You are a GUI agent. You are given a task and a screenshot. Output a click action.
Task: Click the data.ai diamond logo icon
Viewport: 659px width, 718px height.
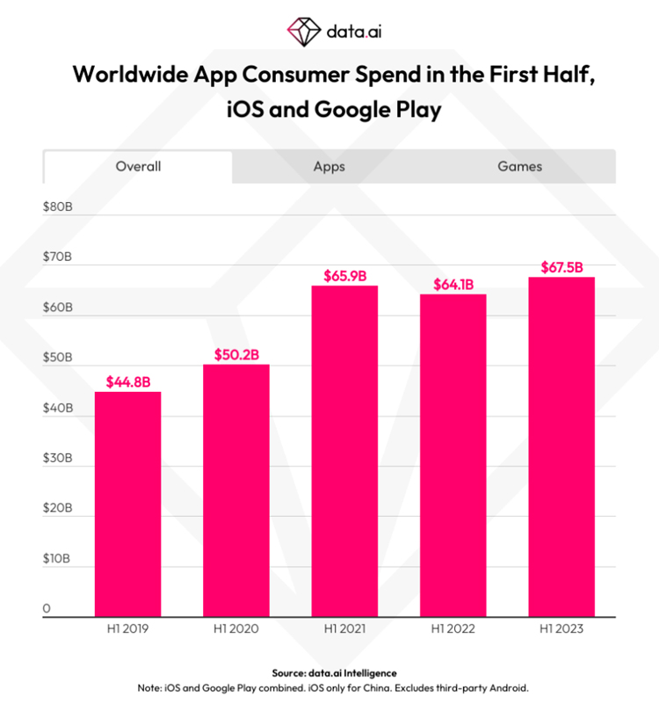304,32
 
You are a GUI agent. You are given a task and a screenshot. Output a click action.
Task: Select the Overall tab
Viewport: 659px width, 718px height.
138,167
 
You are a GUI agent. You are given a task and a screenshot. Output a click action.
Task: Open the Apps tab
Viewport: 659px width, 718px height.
329,167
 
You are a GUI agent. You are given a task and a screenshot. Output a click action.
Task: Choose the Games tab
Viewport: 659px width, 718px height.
520,167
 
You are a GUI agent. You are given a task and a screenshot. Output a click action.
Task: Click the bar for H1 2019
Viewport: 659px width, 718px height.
127,504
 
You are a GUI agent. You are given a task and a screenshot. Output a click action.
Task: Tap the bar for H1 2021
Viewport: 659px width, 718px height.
344,451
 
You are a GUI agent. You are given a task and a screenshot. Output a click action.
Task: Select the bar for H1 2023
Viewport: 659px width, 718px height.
561,447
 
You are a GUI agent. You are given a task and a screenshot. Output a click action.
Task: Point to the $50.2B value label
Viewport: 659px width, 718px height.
236,355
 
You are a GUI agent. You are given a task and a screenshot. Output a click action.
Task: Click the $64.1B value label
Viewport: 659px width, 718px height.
453,285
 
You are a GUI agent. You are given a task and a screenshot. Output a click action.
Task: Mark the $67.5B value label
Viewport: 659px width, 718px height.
562,267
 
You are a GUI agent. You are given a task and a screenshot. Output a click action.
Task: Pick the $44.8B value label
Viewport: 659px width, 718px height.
128,382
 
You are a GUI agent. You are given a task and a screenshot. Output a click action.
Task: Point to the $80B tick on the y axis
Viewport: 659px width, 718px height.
58,207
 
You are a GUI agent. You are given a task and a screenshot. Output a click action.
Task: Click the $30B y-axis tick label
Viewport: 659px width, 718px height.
58,458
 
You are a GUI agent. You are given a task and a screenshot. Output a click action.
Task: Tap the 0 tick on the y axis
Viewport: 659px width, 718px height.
47,608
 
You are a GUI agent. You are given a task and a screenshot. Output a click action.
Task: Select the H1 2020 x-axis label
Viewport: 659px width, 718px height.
235,628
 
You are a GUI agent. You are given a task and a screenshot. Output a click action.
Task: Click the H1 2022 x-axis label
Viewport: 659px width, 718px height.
453,628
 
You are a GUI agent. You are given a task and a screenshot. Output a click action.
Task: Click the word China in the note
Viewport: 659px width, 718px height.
379,688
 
